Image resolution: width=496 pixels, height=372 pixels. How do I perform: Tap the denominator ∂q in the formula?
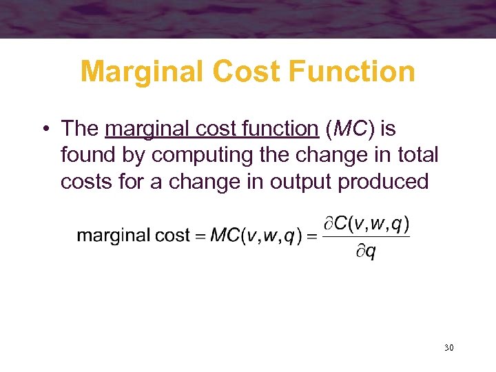[x=366, y=251]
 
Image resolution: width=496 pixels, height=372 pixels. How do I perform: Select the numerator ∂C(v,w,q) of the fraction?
[x=368, y=224]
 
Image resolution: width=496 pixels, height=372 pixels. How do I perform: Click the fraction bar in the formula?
[x=366, y=238]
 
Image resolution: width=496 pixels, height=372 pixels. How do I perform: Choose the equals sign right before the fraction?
[x=311, y=236]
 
